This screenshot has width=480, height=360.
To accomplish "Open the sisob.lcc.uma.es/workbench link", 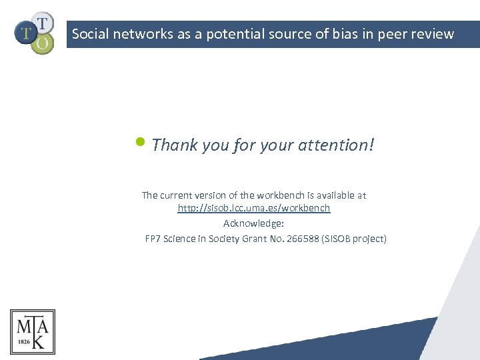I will [x=253, y=208].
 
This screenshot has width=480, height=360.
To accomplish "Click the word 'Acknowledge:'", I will [x=253, y=223].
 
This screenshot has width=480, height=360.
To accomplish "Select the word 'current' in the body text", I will [x=176, y=195].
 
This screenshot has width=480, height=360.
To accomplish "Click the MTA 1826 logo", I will [x=33, y=331].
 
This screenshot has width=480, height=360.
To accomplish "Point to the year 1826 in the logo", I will [x=23, y=340].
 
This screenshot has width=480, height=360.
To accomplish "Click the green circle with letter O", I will [x=42, y=43].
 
